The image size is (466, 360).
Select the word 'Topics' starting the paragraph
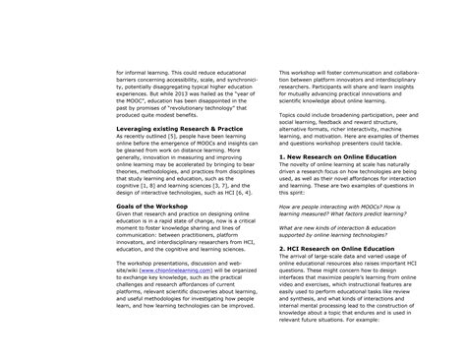click(278, 128)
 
